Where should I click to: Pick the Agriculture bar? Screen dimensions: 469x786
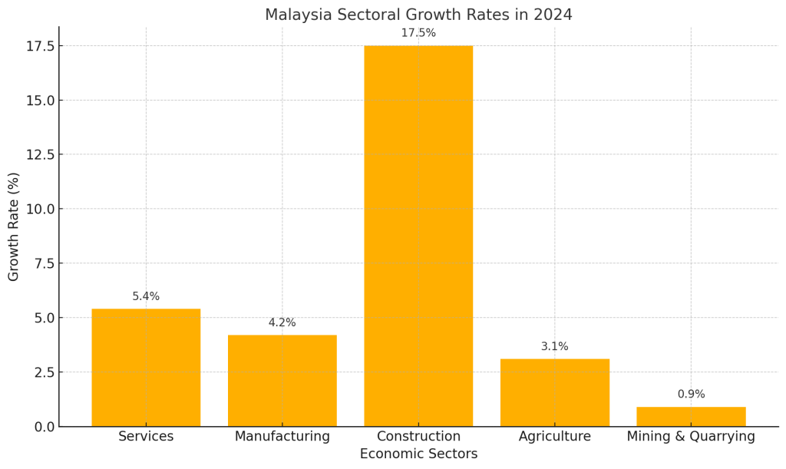[x=554, y=392]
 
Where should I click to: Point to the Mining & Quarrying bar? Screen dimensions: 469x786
[x=691, y=416]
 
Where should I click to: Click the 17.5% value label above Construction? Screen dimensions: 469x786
[x=418, y=33]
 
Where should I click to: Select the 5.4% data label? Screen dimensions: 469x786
[x=146, y=296]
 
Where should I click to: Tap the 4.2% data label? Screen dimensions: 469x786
[x=282, y=322]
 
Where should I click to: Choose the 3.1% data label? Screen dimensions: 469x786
[x=554, y=346]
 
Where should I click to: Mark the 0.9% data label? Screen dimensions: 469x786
[x=691, y=394]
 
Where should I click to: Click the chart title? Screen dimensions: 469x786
[x=418, y=15]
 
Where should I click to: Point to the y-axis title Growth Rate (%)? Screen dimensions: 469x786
[x=14, y=226]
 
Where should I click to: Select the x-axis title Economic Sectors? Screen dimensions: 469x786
[x=418, y=454]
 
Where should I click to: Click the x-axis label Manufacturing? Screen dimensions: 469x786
[x=282, y=436]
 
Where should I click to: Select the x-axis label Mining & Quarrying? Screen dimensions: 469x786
[x=691, y=436]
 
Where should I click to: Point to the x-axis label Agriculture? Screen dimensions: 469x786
[x=554, y=436]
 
